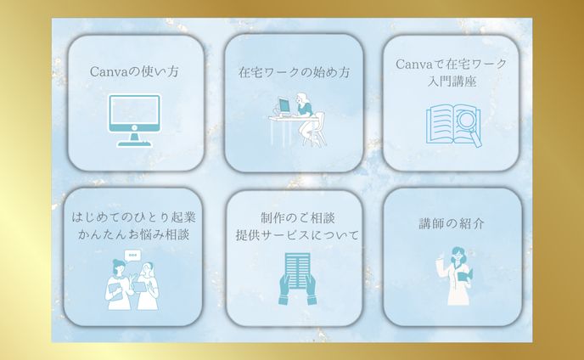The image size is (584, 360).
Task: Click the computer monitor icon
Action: pos(134,120)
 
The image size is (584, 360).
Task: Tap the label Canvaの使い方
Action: pos(134,71)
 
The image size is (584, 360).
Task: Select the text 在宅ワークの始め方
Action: pos(294,72)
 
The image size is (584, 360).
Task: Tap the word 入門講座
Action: pos(452,81)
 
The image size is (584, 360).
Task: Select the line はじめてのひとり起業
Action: pos(136,217)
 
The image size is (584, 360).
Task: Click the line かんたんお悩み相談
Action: pos(136,233)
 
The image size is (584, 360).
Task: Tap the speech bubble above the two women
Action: pos(131,255)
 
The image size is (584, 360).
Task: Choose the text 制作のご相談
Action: pos(294,217)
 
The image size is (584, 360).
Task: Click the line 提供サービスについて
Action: pos(294,234)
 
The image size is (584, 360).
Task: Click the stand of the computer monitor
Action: pos(134,139)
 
